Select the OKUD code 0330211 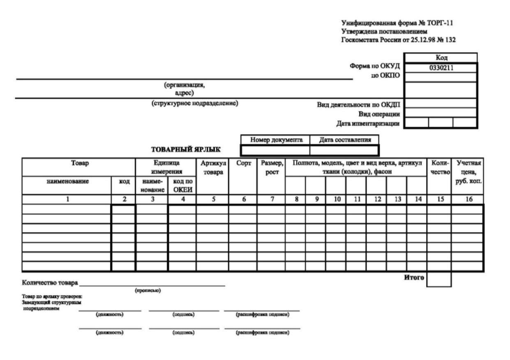tap(440, 68)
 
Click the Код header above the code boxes tap(440, 58)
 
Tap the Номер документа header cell tap(275, 140)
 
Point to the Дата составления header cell tap(344, 140)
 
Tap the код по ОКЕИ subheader tap(182, 185)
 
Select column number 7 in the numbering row tap(271, 199)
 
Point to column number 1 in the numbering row tap(67, 199)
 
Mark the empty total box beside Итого tap(439, 279)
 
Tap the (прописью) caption tap(148, 291)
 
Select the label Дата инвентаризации tap(368, 122)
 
